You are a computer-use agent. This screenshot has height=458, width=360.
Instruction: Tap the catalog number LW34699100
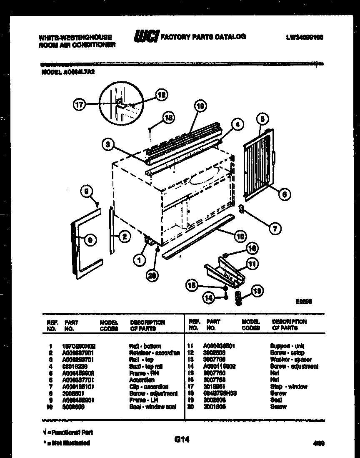tap(305, 37)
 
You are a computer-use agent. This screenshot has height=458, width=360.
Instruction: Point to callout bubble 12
tap(161, 95)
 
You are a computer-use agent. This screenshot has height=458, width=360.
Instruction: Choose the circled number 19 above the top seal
tap(200, 107)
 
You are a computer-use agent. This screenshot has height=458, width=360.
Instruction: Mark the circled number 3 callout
tap(107, 144)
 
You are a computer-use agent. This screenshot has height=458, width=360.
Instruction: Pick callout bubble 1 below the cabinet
tap(139, 260)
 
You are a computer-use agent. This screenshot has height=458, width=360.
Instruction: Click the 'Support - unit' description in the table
tap(287, 346)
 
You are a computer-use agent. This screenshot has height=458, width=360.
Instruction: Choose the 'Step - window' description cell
tap(289, 387)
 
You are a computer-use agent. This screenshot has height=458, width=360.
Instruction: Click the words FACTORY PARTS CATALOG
tap(203, 37)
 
